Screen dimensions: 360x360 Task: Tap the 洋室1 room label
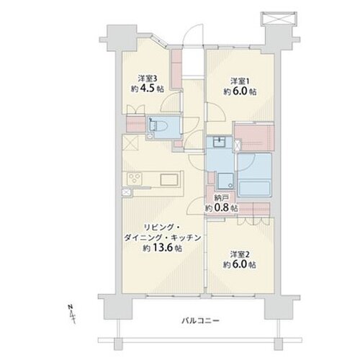240,81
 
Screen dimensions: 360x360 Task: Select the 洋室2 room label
240,254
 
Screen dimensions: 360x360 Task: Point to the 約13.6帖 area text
162,248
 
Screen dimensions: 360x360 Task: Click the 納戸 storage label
221,198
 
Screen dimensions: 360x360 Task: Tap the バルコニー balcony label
200,320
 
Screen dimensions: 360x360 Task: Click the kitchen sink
169,179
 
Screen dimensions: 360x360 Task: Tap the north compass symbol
72,314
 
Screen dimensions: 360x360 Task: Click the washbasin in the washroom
219,142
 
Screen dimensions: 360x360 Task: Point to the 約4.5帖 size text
148,89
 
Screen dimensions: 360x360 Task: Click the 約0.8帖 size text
221,208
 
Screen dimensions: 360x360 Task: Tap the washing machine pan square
225,181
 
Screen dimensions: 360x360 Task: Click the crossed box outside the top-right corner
278,18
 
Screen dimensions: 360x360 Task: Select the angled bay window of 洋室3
159,40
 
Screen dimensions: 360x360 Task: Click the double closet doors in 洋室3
135,109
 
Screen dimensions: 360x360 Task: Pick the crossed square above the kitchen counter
130,143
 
